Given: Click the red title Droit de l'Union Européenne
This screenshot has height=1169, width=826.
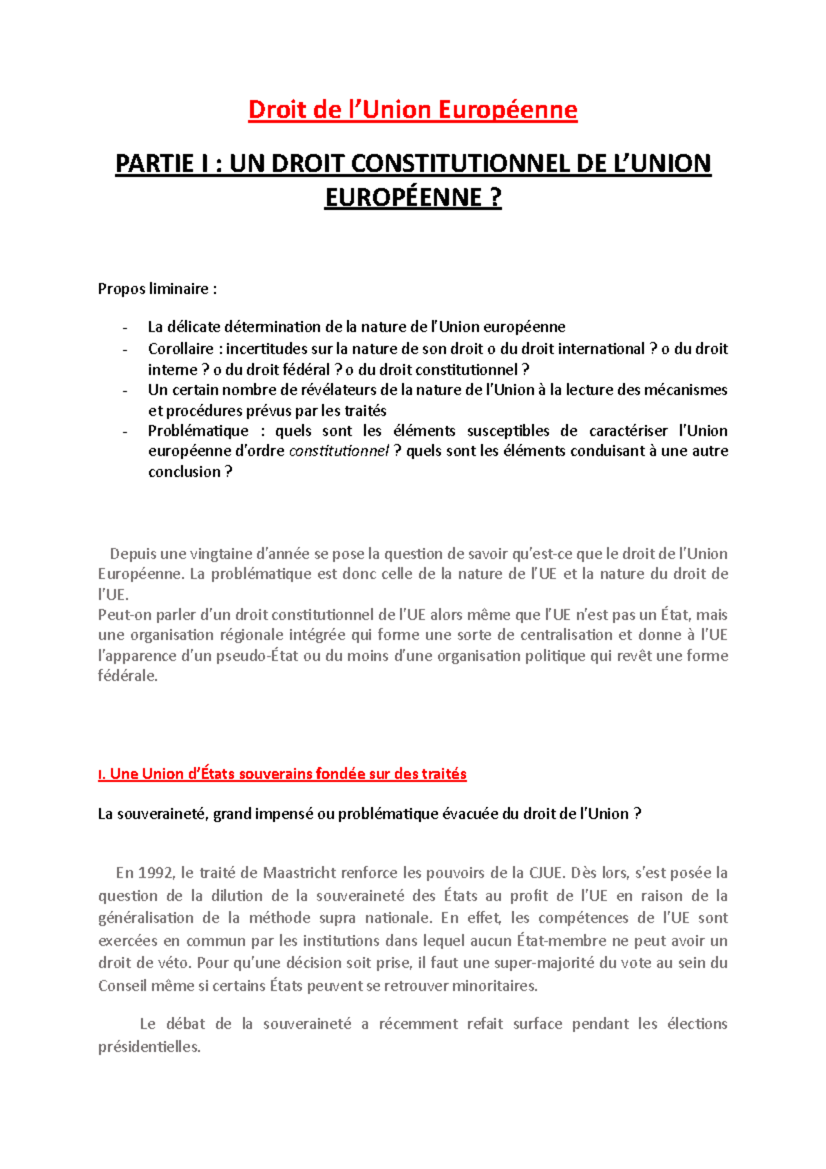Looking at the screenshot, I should click(412, 109).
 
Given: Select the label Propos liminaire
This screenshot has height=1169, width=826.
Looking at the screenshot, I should click(157, 288).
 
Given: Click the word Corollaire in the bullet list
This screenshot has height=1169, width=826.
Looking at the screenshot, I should click(180, 348).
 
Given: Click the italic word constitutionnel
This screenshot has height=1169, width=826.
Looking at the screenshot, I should click(339, 451).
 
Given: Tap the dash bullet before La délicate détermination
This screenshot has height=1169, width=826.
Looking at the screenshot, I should click(125, 328).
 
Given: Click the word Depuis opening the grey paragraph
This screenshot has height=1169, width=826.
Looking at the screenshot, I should click(133, 554).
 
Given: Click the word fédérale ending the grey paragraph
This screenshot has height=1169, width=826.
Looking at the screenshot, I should click(127, 676).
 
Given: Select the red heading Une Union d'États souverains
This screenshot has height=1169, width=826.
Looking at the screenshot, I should click(282, 774).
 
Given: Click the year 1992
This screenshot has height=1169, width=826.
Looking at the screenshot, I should click(155, 873).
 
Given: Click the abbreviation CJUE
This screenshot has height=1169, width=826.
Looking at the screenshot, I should click(546, 873).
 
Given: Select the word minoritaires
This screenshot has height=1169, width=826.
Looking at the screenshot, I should click(494, 986).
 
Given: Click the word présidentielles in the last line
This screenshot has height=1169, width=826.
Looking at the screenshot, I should click(149, 1047).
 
